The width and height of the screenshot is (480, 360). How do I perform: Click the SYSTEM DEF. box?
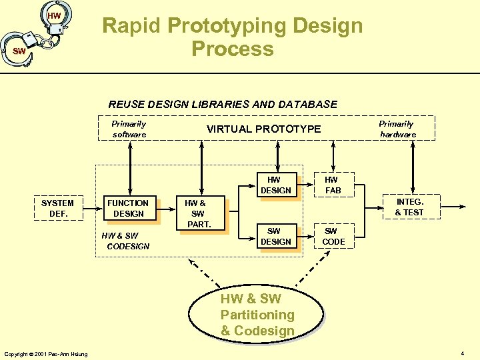[x=57, y=208]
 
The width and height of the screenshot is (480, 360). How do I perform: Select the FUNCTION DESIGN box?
[x=128, y=208]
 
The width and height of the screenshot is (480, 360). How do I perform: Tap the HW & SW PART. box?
[x=198, y=213]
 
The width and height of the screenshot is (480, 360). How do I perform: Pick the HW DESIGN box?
[x=275, y=185]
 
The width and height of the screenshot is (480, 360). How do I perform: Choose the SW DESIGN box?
[x=275, y=236]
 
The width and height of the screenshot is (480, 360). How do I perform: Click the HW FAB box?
[x=332, y=185]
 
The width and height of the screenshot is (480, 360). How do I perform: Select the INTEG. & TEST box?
[x=409, y=207]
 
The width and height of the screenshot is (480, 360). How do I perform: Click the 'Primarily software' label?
[x=129, y=129]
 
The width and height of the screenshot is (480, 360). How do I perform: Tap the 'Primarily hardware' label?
[x=397, y=129]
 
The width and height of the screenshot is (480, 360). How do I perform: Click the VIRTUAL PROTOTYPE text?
[x=263, y=129]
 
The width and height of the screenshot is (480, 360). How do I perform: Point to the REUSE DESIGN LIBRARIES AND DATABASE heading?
[x=223, y=104]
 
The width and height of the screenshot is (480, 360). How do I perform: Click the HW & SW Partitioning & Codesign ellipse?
[x=257, y=315]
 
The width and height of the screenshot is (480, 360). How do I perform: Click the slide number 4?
[x=463, y=352]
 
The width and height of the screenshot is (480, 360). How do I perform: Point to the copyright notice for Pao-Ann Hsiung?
[x=45, y=353]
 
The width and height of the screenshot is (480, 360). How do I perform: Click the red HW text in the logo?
[x=54, y=15]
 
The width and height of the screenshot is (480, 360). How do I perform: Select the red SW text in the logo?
[x=19, y=51]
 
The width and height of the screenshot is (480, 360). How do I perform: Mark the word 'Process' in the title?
[x=232, y=49]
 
